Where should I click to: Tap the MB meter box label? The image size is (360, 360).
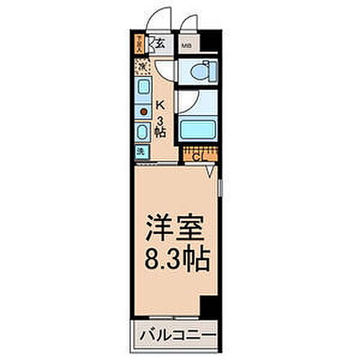pyautogui.click(x=186, y=45)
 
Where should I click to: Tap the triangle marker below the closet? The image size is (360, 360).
pyautogui.click(x=210, y=171)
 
